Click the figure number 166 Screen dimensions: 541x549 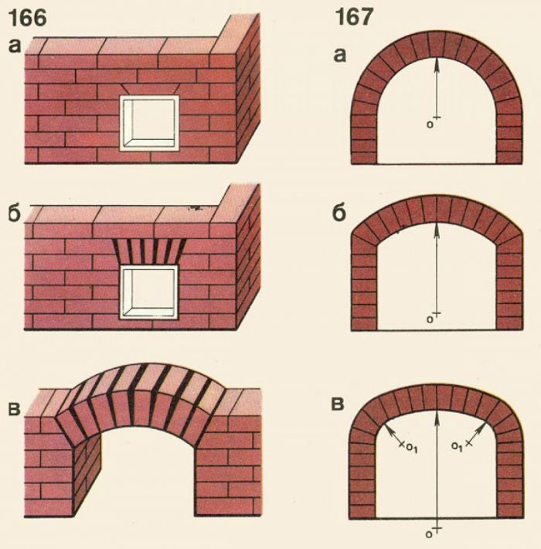click(27, 18)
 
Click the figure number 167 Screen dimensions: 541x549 click(353, 17)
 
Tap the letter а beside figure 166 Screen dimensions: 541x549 click(15, 46)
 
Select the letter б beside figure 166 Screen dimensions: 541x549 click(15, 213)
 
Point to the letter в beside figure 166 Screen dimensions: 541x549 click(14, 409)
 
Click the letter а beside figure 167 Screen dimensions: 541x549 click(340, 56)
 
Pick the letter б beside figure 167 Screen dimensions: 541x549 click(339, 211)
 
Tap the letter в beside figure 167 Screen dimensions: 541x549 click(338, 404)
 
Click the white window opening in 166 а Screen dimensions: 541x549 click(149, 123)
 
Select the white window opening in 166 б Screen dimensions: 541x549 click(149, 292)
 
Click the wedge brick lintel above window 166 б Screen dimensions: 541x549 click(149, 251)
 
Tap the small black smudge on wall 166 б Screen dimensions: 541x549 click(193, 208)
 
